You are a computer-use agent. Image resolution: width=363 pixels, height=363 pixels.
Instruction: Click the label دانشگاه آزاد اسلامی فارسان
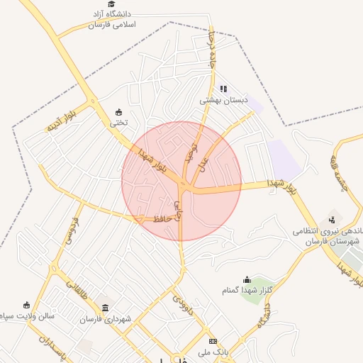click(x=113, y=19)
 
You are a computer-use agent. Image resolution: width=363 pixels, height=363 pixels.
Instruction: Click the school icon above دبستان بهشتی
click(x=224, y=89)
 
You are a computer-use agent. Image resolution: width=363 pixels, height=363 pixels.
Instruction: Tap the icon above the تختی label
click(x=118, y=111)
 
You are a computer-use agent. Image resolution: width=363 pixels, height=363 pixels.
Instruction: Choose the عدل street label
click(x=205, y=164)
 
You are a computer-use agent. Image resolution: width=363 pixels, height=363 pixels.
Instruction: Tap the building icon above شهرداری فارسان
click(x=106, y=308)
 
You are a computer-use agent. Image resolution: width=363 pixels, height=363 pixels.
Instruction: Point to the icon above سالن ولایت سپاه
click(x=27, y=305)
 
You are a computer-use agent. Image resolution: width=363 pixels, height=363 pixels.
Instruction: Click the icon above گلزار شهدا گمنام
click(x=247, y=279)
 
